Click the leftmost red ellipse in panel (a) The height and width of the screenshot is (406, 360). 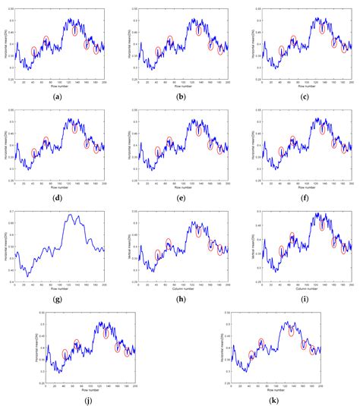(34, 52)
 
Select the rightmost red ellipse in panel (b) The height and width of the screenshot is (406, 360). (220, 50)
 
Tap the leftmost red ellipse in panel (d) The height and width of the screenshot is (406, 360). (34, 153)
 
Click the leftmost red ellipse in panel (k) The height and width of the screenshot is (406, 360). (251, 355)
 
